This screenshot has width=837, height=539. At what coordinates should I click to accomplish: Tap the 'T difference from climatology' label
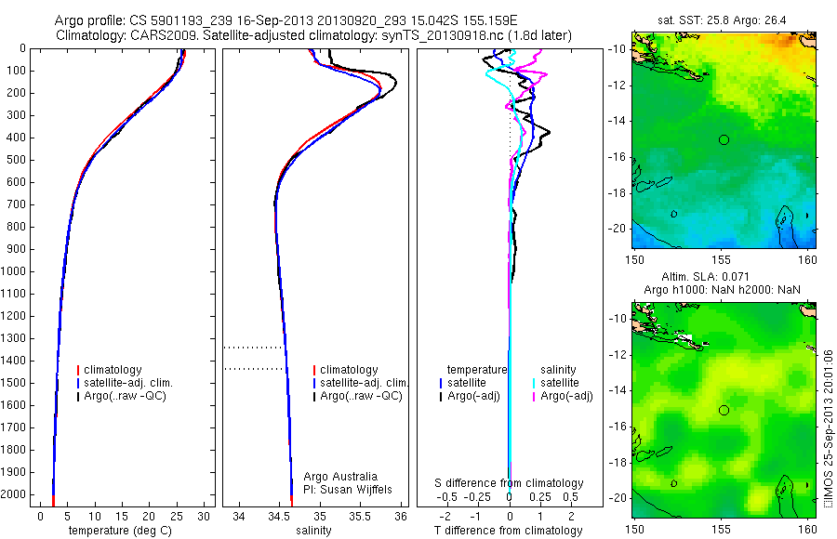pos(509,531)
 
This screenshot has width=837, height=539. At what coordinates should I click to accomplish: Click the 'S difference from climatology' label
pos(510,483)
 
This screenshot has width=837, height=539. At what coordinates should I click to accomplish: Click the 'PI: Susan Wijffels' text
pos(349,489)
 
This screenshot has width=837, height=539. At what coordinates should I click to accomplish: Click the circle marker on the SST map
pos(724,139)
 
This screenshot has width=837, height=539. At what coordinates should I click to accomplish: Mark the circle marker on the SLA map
pos(724,410)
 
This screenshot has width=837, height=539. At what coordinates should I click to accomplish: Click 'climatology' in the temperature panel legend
pos(113,370)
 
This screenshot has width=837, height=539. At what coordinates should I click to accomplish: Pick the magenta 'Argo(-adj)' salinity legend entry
pos(566,396)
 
